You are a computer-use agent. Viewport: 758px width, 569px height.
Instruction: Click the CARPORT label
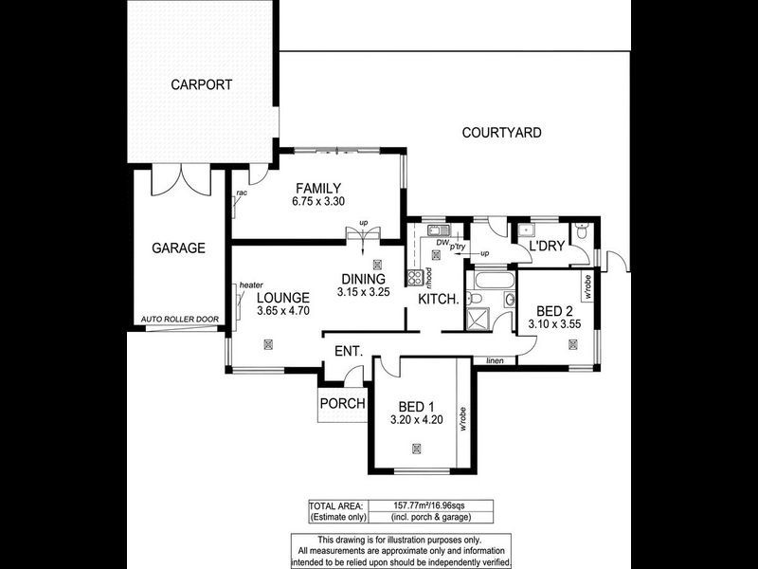click(x=201, y=84)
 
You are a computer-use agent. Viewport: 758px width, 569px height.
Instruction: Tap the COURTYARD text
click(x=501, y=133)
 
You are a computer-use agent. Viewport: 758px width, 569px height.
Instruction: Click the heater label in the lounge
click(x=251, y=284)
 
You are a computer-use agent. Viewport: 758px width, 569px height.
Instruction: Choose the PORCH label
click(x=342, y=403)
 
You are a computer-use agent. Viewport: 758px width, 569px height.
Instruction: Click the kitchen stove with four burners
click(x=414, y=278)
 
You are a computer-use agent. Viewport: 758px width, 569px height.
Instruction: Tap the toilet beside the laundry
click(x=581, y=230)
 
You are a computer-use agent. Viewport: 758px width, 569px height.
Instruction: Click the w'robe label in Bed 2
click(x=588, y=287)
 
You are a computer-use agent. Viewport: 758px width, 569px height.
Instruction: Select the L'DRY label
click(x=547, y=247)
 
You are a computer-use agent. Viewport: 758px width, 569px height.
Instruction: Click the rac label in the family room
click(x=242, y=193)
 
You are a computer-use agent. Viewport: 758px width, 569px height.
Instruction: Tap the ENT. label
click(x=349, y=352)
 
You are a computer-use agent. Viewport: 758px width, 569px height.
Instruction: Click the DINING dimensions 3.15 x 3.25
click(x=362, y=293)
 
